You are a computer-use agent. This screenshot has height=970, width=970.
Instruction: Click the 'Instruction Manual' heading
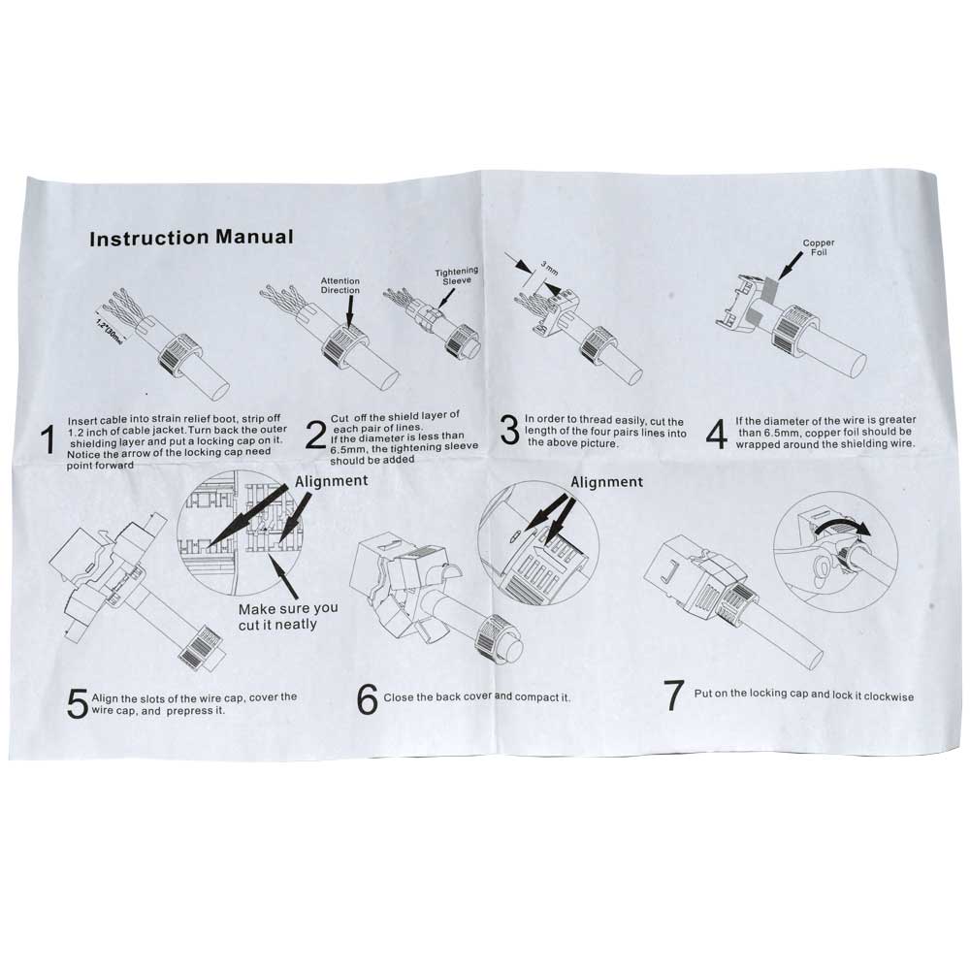pos(191,238)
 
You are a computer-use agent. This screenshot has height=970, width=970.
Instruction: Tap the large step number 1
pos(48,439)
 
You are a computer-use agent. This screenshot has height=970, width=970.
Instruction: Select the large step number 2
pos(315,435)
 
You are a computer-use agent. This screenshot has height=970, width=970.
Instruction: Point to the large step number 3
pos(509,430)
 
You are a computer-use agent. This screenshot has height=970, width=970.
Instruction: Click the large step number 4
pos(717,434)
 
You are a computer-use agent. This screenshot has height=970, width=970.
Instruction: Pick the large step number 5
pos(78,704)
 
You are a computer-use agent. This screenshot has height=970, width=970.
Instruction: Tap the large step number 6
pos(367,699)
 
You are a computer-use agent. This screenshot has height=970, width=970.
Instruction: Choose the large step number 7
pos(674,695)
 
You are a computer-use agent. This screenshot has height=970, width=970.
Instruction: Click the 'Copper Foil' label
pos(819,247)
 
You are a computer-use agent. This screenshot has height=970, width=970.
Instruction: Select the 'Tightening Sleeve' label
pos(457,275)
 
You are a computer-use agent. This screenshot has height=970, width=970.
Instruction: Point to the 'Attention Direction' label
pos(340,285)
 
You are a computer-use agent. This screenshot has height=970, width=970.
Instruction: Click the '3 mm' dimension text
pos(549,268)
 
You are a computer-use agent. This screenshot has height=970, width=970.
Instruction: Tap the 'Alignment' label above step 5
pos(331,481)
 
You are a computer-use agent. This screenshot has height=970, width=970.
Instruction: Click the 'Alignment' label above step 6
pos(607,482)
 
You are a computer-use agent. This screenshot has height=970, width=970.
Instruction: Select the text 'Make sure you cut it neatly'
pos(288,617)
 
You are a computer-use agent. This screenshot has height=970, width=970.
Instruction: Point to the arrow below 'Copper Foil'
pos(792,265)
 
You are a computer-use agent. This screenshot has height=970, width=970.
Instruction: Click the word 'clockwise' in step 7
pos(889,695)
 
